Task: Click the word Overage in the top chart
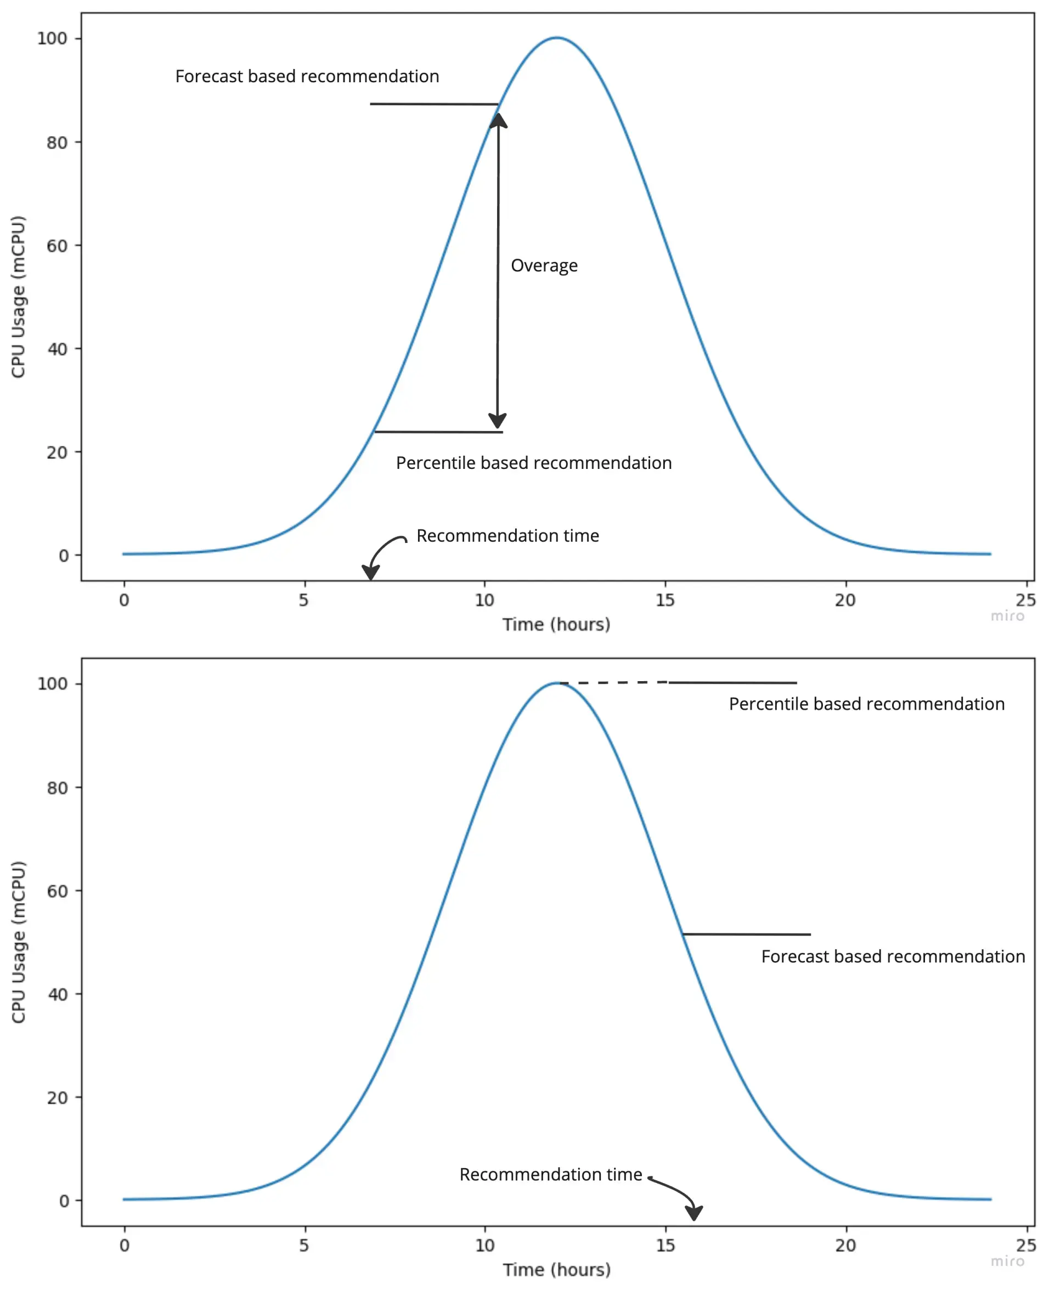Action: pyautogui.click(x=544, y=266)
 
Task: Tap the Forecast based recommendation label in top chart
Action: pyautogui.click(x=307, y=77)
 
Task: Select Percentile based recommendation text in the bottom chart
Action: pyautogui.click(x=866, y=704)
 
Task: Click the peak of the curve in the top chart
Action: pyautogui.click(x=556, y=38)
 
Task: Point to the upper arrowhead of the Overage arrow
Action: pyautogui.click(x=499, y=120)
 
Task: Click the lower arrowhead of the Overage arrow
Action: pyautogui.click(x=497, y=421)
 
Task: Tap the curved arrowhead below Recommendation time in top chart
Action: pyautogui.click(x=370, y=571)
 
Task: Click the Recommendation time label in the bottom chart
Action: pyautogui.click(x=550, y=1174)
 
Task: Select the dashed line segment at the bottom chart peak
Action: pyautogui.click(x=613, y=683)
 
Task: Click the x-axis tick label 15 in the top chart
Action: pyautogui.click(x=665, y=600)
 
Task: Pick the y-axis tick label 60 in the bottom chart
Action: pyautogui.click(x=58, y=891)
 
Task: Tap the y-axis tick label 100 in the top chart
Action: pyautogui.click(x=52, y=38)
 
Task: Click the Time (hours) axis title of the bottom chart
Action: pyautogui.click(x=556, y=1270)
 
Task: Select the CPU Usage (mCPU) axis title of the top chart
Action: pyautogui.click(x=18, y=297)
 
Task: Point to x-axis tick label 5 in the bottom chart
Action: pyautogui.click(x=304, y=1245)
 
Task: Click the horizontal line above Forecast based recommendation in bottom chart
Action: pyautogui.click(x=746, y=935)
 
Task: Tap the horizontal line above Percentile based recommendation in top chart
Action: pyautogui.click(x=438, y=432)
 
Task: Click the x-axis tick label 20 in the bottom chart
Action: pyautogui.click(x=845, y=1245)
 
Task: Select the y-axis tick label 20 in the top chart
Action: pyautogui.click(x=57, y=452)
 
